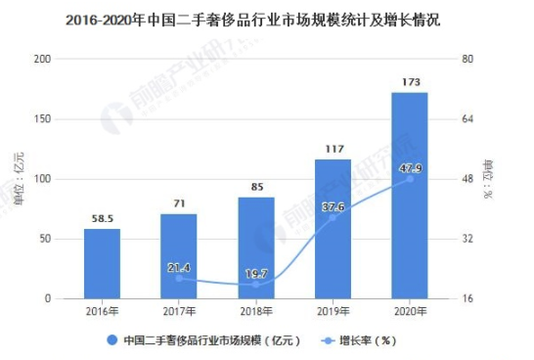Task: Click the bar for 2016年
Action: (x=102, y=263)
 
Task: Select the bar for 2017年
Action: (x=179, y=255)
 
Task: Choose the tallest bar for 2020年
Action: (x=410, y=195)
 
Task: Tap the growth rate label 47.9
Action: (x=410, y=168)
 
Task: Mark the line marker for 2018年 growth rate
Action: (x=256, y=285)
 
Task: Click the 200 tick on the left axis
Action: (x=42, y=60)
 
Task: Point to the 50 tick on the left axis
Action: (x=45, y=239)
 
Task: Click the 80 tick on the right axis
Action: (x=467, y=60)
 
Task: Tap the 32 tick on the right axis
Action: (x=467, y=239)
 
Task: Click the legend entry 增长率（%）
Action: (x=361, y=340)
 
